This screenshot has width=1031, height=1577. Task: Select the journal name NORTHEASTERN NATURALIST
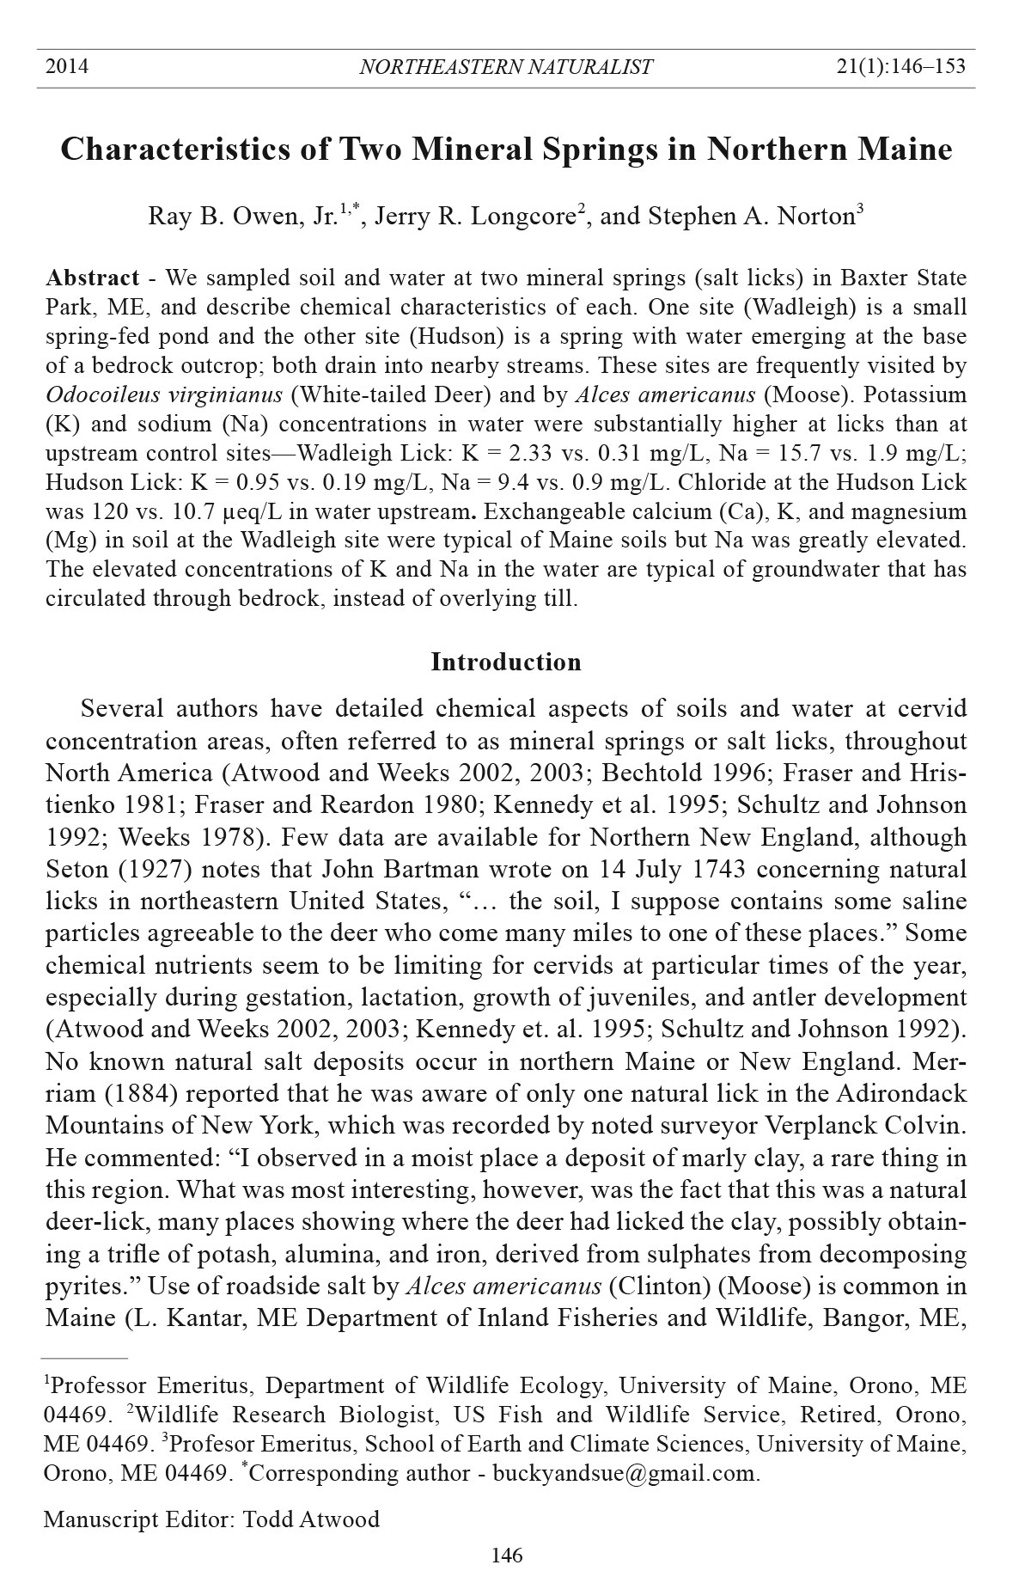[505, 67]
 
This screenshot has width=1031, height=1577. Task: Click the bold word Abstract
[92, 278]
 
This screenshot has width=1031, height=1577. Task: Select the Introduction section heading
[505, 662]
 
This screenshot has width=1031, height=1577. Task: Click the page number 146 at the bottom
[506, 1555]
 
